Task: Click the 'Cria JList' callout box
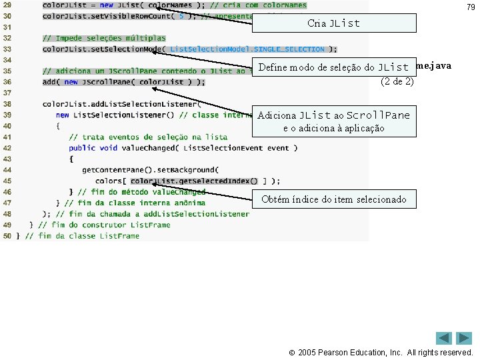pos(334,23)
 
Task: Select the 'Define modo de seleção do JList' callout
pos(333,67)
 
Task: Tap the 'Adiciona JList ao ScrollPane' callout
pos(334,121)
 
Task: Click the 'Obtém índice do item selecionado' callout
pos(334,199)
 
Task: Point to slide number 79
pos(471,7)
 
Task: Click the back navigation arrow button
pos(445,338)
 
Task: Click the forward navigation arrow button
pos(465,338)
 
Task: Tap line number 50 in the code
pos(7,236)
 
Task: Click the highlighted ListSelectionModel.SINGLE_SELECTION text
pos(248,49)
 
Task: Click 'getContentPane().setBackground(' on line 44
pos(150,170)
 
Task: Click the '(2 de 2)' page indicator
pos(397,82)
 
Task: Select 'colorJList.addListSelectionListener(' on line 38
pos(120,104)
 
